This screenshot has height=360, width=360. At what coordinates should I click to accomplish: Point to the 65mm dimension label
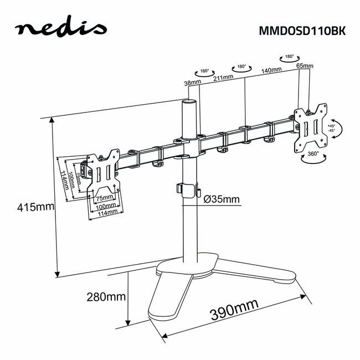pyautogui.click(x=305, y=66)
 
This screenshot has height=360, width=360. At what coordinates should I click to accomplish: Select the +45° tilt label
pyautogui.click(x=331, y=126)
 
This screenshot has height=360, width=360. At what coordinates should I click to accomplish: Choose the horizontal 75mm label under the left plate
pyautogui.click(x=105, y=198)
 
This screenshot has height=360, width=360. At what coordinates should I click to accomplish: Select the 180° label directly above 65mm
pyautogui.click(x=289, y=56)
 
